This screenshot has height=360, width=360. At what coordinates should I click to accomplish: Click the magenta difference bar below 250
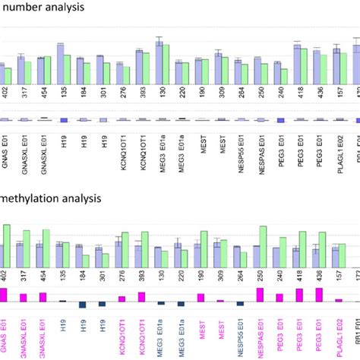click(x=259, y=294)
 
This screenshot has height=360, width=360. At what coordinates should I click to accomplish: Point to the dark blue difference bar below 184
click(x=81, y=304)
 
